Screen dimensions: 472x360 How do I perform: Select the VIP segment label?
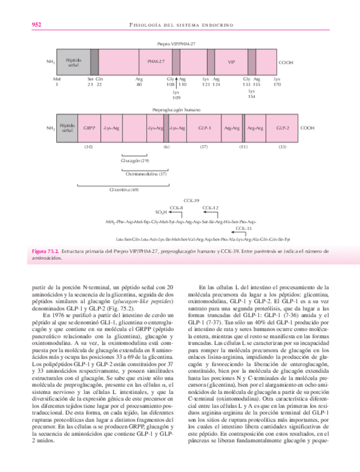tap(232, 62)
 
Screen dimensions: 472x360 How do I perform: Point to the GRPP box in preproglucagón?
tap(90, 128)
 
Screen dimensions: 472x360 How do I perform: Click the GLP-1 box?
tap(204, 128)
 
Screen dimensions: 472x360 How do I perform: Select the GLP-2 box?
tap(283, 128)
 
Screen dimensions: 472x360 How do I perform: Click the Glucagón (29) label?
tap(135, 160)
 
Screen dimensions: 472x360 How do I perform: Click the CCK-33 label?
tap(244, 228)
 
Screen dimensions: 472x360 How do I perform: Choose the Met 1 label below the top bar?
tap(56, 83)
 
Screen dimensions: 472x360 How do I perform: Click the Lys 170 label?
tap(277, 83)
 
